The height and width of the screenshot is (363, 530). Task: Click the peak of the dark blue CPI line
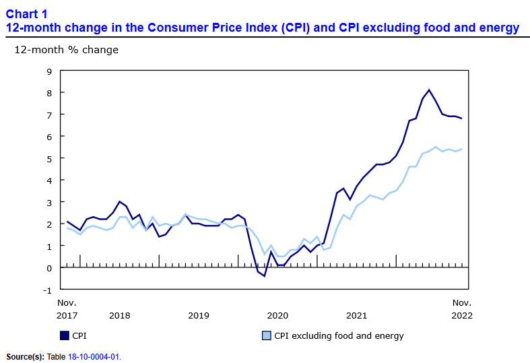click(x=429, y=90)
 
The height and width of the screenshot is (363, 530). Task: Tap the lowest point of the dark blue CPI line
click(x=264, y=276)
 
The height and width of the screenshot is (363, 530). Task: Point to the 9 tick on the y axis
click(x=49, y=71)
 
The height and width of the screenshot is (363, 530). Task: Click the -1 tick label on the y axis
click(x=47, y=290)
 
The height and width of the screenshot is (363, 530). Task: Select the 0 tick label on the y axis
click(x=49, y=268)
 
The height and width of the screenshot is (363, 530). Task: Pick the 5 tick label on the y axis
click(x=49, y=158)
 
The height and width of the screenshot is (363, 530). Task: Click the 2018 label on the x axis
click(x=119, y=315)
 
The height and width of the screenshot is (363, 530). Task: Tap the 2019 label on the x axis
click(x=199, y=315)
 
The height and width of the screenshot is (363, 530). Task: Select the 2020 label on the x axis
click(x=277, y=315)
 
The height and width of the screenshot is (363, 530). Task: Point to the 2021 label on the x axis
click(x=356, y=315)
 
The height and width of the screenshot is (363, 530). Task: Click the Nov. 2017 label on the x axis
click(x=67, y=309)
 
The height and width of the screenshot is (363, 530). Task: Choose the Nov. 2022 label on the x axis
click(x=461, y=309)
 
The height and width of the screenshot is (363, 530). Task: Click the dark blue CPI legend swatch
click(x=65, y=335)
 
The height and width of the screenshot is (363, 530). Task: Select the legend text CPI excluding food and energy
click(x=339, y=335)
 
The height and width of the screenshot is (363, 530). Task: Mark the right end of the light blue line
click(x=461, y=150)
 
